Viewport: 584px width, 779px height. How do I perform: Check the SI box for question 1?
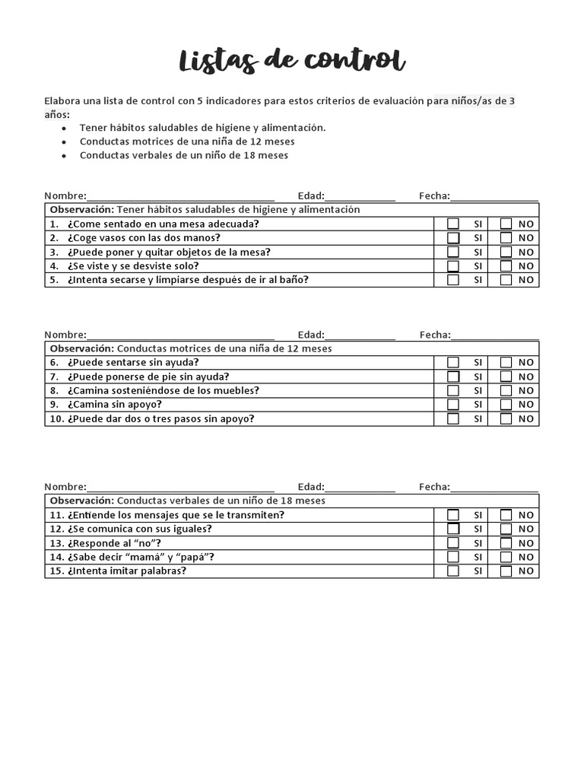pos(453,224)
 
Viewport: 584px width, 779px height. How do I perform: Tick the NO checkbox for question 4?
pos(506,266)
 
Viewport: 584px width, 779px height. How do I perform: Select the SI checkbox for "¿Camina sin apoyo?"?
pos(453,405)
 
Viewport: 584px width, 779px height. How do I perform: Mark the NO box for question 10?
pos(506,418)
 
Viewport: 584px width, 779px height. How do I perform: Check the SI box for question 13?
pos(453,543)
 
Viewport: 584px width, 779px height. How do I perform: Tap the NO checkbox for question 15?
pos(506,571)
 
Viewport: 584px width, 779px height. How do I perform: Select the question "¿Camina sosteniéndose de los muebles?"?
pos(163,390)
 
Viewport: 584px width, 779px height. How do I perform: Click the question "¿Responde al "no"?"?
pos(114,543)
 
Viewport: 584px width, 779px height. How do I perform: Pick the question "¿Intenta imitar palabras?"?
pos(126,571)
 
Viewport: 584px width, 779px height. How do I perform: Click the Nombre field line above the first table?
pos(180,196)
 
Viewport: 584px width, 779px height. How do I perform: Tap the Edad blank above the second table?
pos(360,335)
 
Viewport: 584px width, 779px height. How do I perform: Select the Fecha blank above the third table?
pos(494,487)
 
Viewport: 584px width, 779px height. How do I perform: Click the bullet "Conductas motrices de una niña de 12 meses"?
pos(187,141)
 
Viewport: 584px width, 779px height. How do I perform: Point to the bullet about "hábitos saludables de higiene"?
pos(202,128)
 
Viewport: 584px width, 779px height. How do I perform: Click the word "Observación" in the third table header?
pos(81,501)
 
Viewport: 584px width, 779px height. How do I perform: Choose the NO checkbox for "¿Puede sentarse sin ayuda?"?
pos(506,363)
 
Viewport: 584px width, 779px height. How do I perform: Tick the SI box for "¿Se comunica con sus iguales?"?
pos(453,529)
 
